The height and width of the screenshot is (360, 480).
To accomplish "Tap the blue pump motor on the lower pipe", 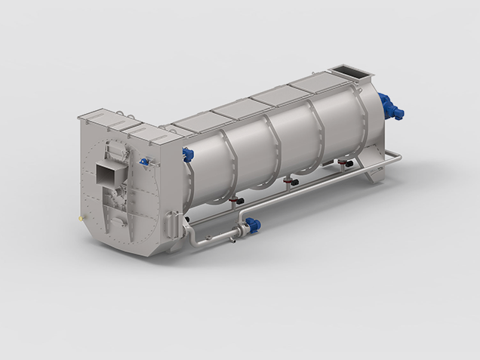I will pyautogui.click(x=253, y=224).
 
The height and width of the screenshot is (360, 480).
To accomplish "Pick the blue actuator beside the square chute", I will pyautogui.click(x=143, y=161).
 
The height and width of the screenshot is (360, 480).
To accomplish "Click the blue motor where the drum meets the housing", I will pyautogui.click(x=187, y=155).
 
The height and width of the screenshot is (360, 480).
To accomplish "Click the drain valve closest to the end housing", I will pyautogui.click(x=236, y=201).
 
